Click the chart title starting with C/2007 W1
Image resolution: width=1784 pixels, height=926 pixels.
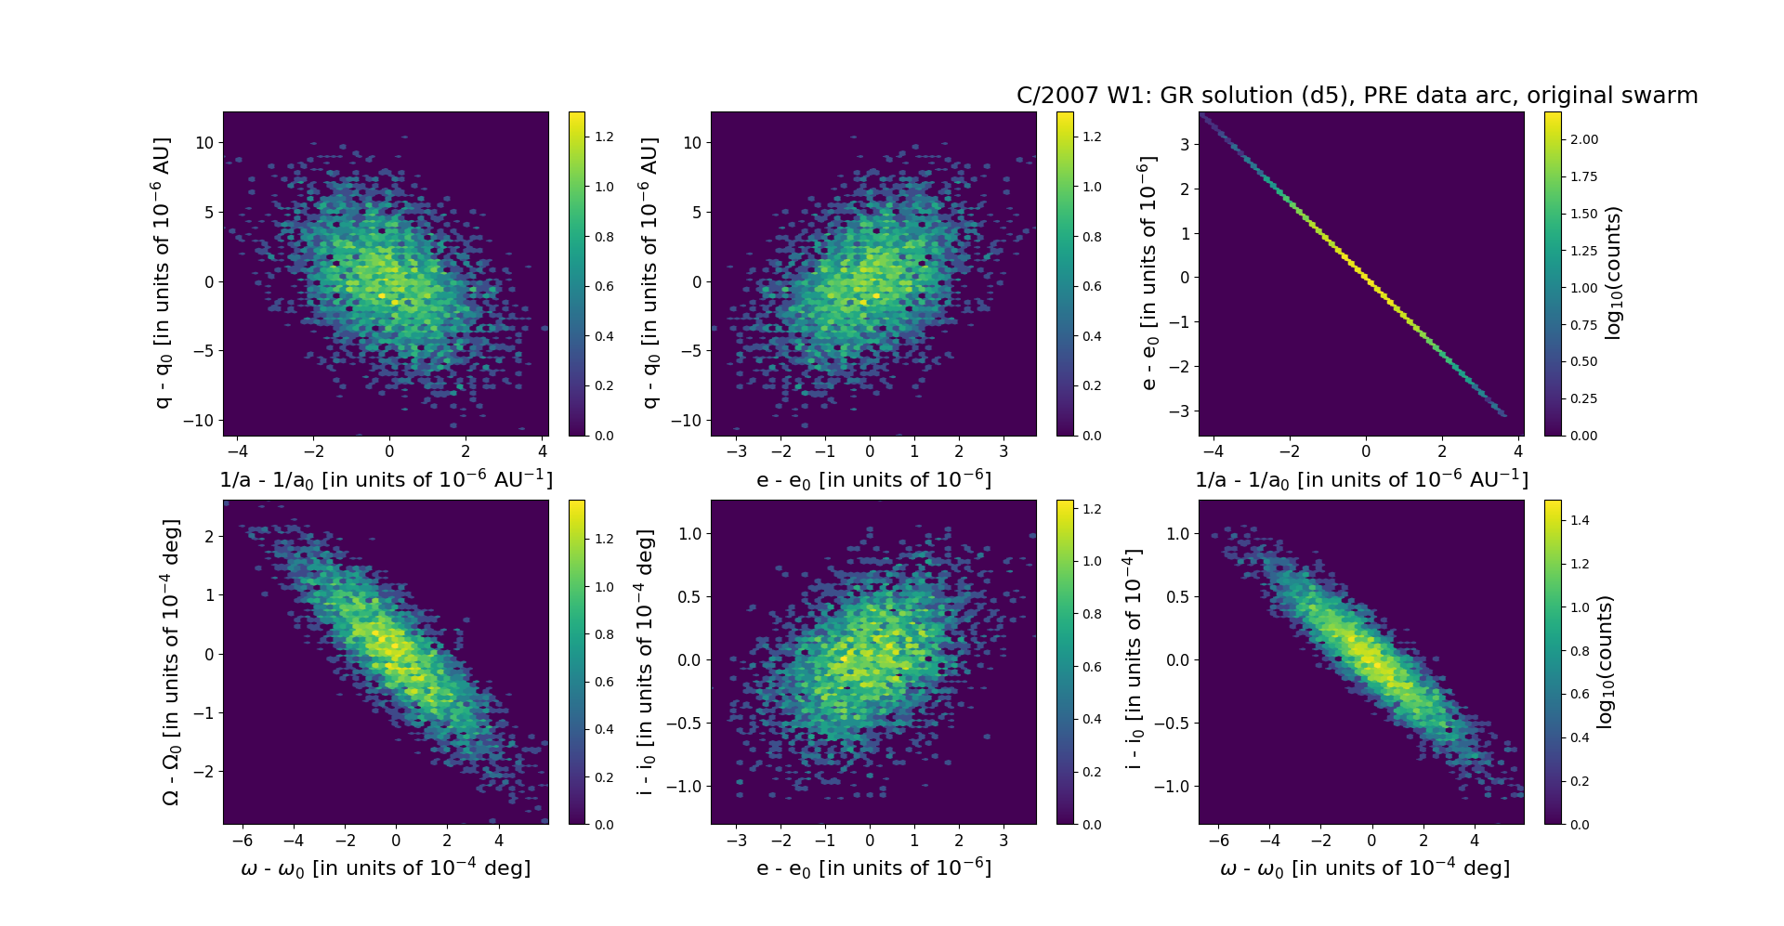[1357, 96]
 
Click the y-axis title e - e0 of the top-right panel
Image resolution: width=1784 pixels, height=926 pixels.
[1148, 273]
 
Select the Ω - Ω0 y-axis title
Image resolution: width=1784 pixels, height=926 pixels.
[171, 661]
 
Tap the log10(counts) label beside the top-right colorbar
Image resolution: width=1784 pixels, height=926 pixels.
[1613, 273]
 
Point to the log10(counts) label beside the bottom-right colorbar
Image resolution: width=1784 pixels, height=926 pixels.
[1604, 661]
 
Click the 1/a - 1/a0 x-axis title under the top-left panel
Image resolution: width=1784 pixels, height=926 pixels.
[386, 480]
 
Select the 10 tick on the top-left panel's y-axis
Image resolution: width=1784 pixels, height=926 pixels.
[203, 143]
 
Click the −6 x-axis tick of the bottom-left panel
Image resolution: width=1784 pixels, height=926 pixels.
[242, 841]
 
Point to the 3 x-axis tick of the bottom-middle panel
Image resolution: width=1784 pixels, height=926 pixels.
[1003, 841]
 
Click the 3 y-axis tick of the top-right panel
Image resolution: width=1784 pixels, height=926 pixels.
[1185, 144]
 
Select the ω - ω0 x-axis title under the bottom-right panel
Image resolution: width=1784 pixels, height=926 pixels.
[1364, 868]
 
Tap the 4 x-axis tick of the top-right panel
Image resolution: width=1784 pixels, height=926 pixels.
[1518, 452]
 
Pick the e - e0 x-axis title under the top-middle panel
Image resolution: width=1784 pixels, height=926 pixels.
[873, 480]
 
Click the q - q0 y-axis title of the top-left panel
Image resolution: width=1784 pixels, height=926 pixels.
[162, 273]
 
